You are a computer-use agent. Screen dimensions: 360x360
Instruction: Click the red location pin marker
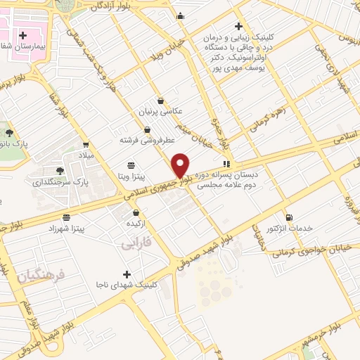pos(181,165)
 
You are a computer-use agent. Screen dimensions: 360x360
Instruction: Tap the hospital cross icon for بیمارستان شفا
pos(22,34)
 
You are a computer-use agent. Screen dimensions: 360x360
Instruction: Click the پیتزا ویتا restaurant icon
pos(131,165)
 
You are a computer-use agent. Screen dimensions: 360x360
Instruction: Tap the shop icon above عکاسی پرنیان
pos(160,101)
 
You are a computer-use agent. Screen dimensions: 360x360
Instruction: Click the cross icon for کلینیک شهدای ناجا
pos(127,274)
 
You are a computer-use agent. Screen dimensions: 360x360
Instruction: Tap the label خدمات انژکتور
pos(289,229)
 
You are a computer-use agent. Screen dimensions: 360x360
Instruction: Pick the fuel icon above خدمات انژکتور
pos(289,217)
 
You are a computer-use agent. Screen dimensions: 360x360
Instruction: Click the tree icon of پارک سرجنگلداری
pos(60,170)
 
